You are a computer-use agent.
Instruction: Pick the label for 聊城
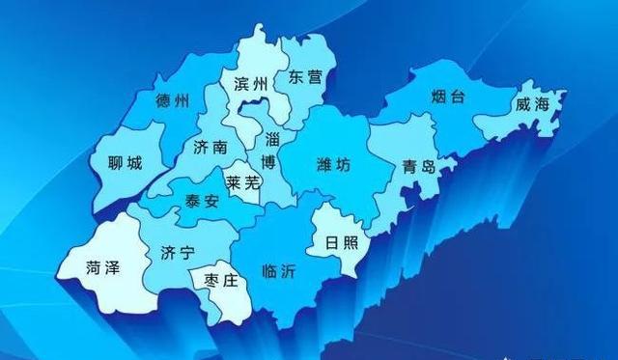126,163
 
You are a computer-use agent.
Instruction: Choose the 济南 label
210,147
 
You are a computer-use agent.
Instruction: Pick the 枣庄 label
218,280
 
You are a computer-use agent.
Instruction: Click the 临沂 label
280,271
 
